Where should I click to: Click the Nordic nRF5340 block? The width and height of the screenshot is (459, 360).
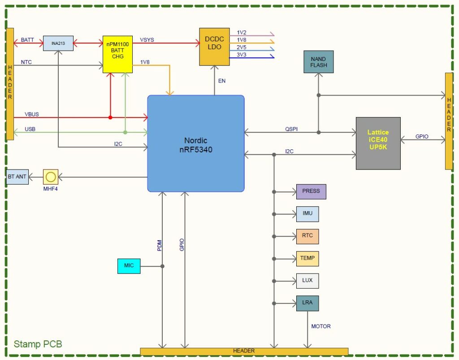click(196, 143)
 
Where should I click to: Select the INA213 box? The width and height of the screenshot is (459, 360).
click(58, 43)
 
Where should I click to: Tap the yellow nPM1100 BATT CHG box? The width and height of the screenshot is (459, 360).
click(118, 54)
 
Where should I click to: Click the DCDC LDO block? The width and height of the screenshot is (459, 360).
click(214, 47)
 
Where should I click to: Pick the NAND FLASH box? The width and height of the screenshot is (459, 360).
click(319, 62)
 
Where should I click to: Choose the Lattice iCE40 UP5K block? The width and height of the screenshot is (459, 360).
click(378, 143)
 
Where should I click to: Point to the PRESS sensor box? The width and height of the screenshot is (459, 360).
click(311, 191)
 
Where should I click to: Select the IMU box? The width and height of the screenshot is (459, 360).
click(307, 214)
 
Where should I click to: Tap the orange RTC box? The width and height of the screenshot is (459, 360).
click(307, 236)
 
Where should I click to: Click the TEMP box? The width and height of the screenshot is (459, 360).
click(307, 258)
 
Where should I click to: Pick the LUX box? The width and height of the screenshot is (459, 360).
click(307, 281)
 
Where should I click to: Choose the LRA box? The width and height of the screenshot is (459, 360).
click(307, 303)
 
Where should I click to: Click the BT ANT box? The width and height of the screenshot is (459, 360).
click(17, 177)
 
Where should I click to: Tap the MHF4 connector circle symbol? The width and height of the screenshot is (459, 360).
click(51, 177)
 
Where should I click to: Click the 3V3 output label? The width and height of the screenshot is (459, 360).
click(241, 54)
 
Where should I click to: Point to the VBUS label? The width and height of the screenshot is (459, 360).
click(32, 114)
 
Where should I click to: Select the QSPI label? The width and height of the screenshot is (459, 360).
click(291, 129)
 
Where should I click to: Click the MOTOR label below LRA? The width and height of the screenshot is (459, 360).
click(321, 326)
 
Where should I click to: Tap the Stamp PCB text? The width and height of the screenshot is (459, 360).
click(38, 344)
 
